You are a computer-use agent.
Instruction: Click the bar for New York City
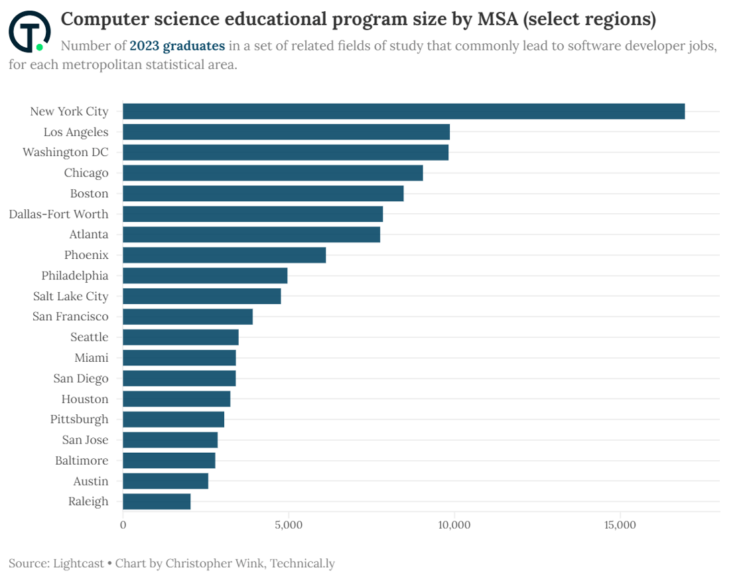403,112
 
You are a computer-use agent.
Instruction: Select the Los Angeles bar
286,132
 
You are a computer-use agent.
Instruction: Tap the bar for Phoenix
224,255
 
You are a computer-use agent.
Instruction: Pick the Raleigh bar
157,501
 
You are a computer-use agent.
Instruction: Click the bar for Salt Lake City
202,296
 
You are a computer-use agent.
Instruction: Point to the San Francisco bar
188,317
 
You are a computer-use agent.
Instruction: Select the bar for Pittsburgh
173,419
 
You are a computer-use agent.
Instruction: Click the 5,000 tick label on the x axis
289,525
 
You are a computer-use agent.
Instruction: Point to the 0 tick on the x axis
123,525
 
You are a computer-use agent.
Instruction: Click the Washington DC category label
65,152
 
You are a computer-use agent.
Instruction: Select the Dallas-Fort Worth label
58,214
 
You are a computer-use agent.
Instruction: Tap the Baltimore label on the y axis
82,460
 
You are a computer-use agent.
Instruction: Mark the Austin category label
91,481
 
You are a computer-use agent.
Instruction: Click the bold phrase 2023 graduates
177,46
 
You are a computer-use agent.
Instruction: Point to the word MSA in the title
498,20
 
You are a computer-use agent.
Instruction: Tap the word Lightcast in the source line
77,563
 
